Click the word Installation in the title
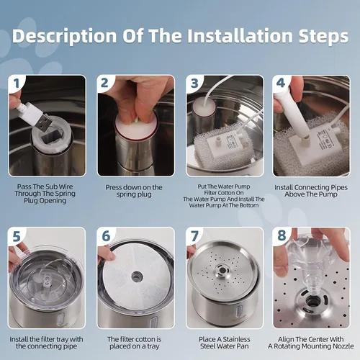[240, 36]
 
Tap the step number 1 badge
[17, 84]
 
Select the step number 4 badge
[281, 83]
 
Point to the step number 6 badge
[106, 235]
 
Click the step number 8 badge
[282, 235]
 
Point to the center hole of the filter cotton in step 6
[137, 276]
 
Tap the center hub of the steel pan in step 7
[222, 271]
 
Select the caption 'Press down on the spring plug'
[134, 191]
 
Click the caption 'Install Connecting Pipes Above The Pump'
[311, 191]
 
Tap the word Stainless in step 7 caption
[236, 339]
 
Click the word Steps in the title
[323, 37]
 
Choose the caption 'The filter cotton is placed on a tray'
[135, 343]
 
